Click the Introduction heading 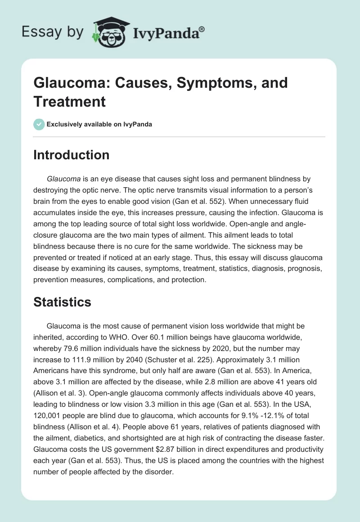pos(71,155)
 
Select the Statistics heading pos(62,302)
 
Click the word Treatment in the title pos(70,101)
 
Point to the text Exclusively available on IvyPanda pos(99,124)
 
